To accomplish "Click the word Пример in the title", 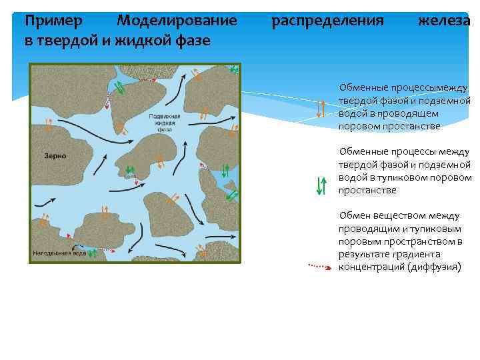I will pos(53,21).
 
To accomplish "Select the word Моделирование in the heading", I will pos(177,21).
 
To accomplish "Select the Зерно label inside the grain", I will pos(55,155).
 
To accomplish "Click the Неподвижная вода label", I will pos(59,254).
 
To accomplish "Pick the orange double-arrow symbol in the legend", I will pos(321,108).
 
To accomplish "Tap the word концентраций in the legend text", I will pos(370,267).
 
